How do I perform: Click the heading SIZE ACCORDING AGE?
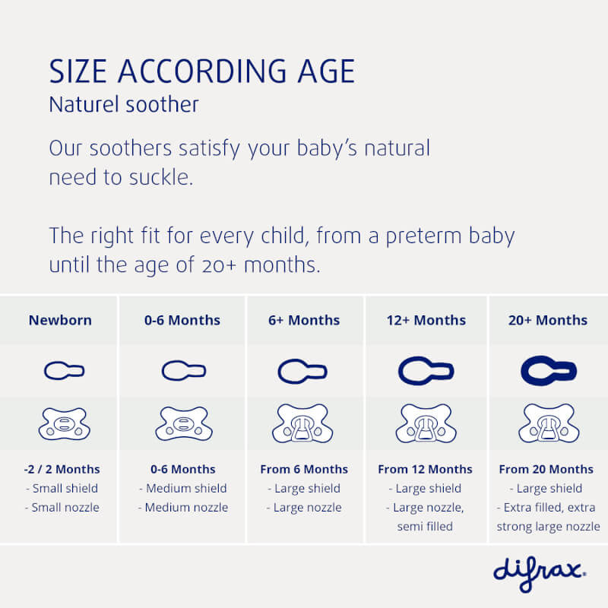201,71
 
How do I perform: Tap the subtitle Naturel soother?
124,104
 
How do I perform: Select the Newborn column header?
60,320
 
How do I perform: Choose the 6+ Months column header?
304,320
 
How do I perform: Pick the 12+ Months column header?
426,320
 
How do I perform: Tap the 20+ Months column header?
547,320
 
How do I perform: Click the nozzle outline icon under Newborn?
64,371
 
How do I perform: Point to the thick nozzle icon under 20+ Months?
548,371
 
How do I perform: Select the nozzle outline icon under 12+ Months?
426,371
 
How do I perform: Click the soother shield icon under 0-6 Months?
183,424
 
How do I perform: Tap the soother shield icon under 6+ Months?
303,423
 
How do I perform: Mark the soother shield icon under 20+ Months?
548,423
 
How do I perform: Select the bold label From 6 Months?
304,469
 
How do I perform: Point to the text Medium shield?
183,489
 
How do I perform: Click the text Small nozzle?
65,508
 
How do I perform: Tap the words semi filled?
426,526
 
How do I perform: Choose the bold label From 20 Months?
546,469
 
